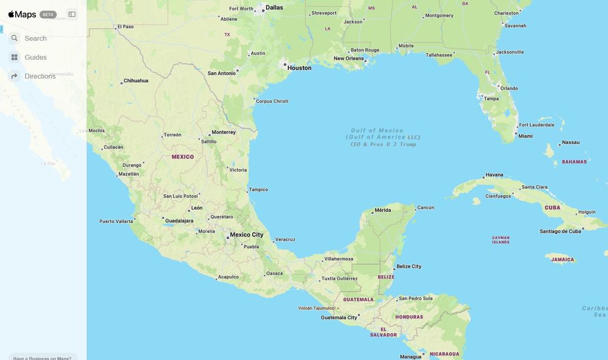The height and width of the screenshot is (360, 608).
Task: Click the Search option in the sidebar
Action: [x=35, y=38]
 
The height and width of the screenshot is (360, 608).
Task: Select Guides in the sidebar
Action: [x=35, y=57]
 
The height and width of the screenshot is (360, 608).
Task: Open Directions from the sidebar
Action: [x=40, y=76]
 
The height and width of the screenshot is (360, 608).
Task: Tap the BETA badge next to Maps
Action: [x=48, y=15]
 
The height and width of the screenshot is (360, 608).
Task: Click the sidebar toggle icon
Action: [x=72, y=15]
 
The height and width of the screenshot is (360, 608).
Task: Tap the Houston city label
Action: [x=299, y=68]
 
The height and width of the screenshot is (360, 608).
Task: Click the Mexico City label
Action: [x=246, y=235]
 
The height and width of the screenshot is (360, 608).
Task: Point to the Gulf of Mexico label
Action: [x=377, y=131]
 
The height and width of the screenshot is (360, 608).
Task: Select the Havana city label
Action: [x=494, y=175]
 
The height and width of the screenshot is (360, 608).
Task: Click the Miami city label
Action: [x=525, y=136]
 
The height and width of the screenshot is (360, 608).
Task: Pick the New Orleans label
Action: [x=348, y=58]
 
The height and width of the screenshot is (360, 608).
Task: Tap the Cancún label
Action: [x=426, y=207]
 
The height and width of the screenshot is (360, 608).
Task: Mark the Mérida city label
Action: [x=382, y=210]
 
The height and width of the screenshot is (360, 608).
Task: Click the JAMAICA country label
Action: [x=562, y=260]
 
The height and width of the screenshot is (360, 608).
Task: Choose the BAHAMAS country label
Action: [x=574, y=162]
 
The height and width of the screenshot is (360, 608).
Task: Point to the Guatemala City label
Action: [x=339, y=317]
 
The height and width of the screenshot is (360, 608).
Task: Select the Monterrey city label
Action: [x=223, y=132]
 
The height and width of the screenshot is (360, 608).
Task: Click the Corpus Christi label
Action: [x=272, y=101]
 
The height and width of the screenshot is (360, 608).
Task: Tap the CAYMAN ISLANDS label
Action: [x=501, y=240]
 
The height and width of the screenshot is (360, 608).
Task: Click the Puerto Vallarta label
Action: [x=116, y=221]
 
